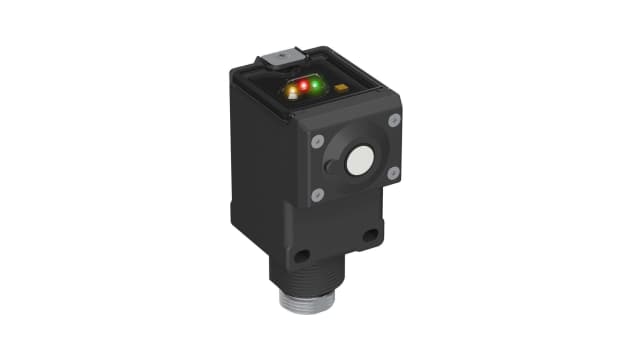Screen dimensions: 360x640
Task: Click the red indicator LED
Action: (304, 89)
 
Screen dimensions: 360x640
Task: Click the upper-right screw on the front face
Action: (393, 121)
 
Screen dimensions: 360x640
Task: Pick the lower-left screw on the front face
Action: (318, 194)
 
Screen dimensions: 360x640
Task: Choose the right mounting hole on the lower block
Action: (370, 236)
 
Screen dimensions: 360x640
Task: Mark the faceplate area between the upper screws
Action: (355, 128)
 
